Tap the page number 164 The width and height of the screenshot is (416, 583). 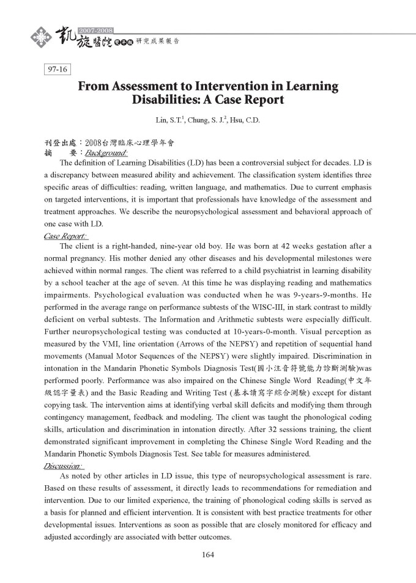[x=207, y=555]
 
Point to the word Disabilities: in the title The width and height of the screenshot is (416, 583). [x=169, y=100]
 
